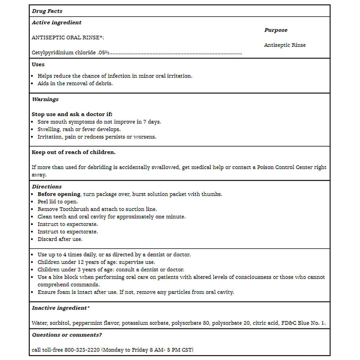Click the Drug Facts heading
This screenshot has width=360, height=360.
47,10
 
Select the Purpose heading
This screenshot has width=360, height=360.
275,30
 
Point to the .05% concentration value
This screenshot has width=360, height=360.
103,53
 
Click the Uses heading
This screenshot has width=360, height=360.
38,64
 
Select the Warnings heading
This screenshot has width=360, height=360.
45,99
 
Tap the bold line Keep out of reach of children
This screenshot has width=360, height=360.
73,152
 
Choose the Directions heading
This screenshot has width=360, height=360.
47,186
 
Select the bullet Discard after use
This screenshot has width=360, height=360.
60,239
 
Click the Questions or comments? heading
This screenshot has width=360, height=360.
67,335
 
